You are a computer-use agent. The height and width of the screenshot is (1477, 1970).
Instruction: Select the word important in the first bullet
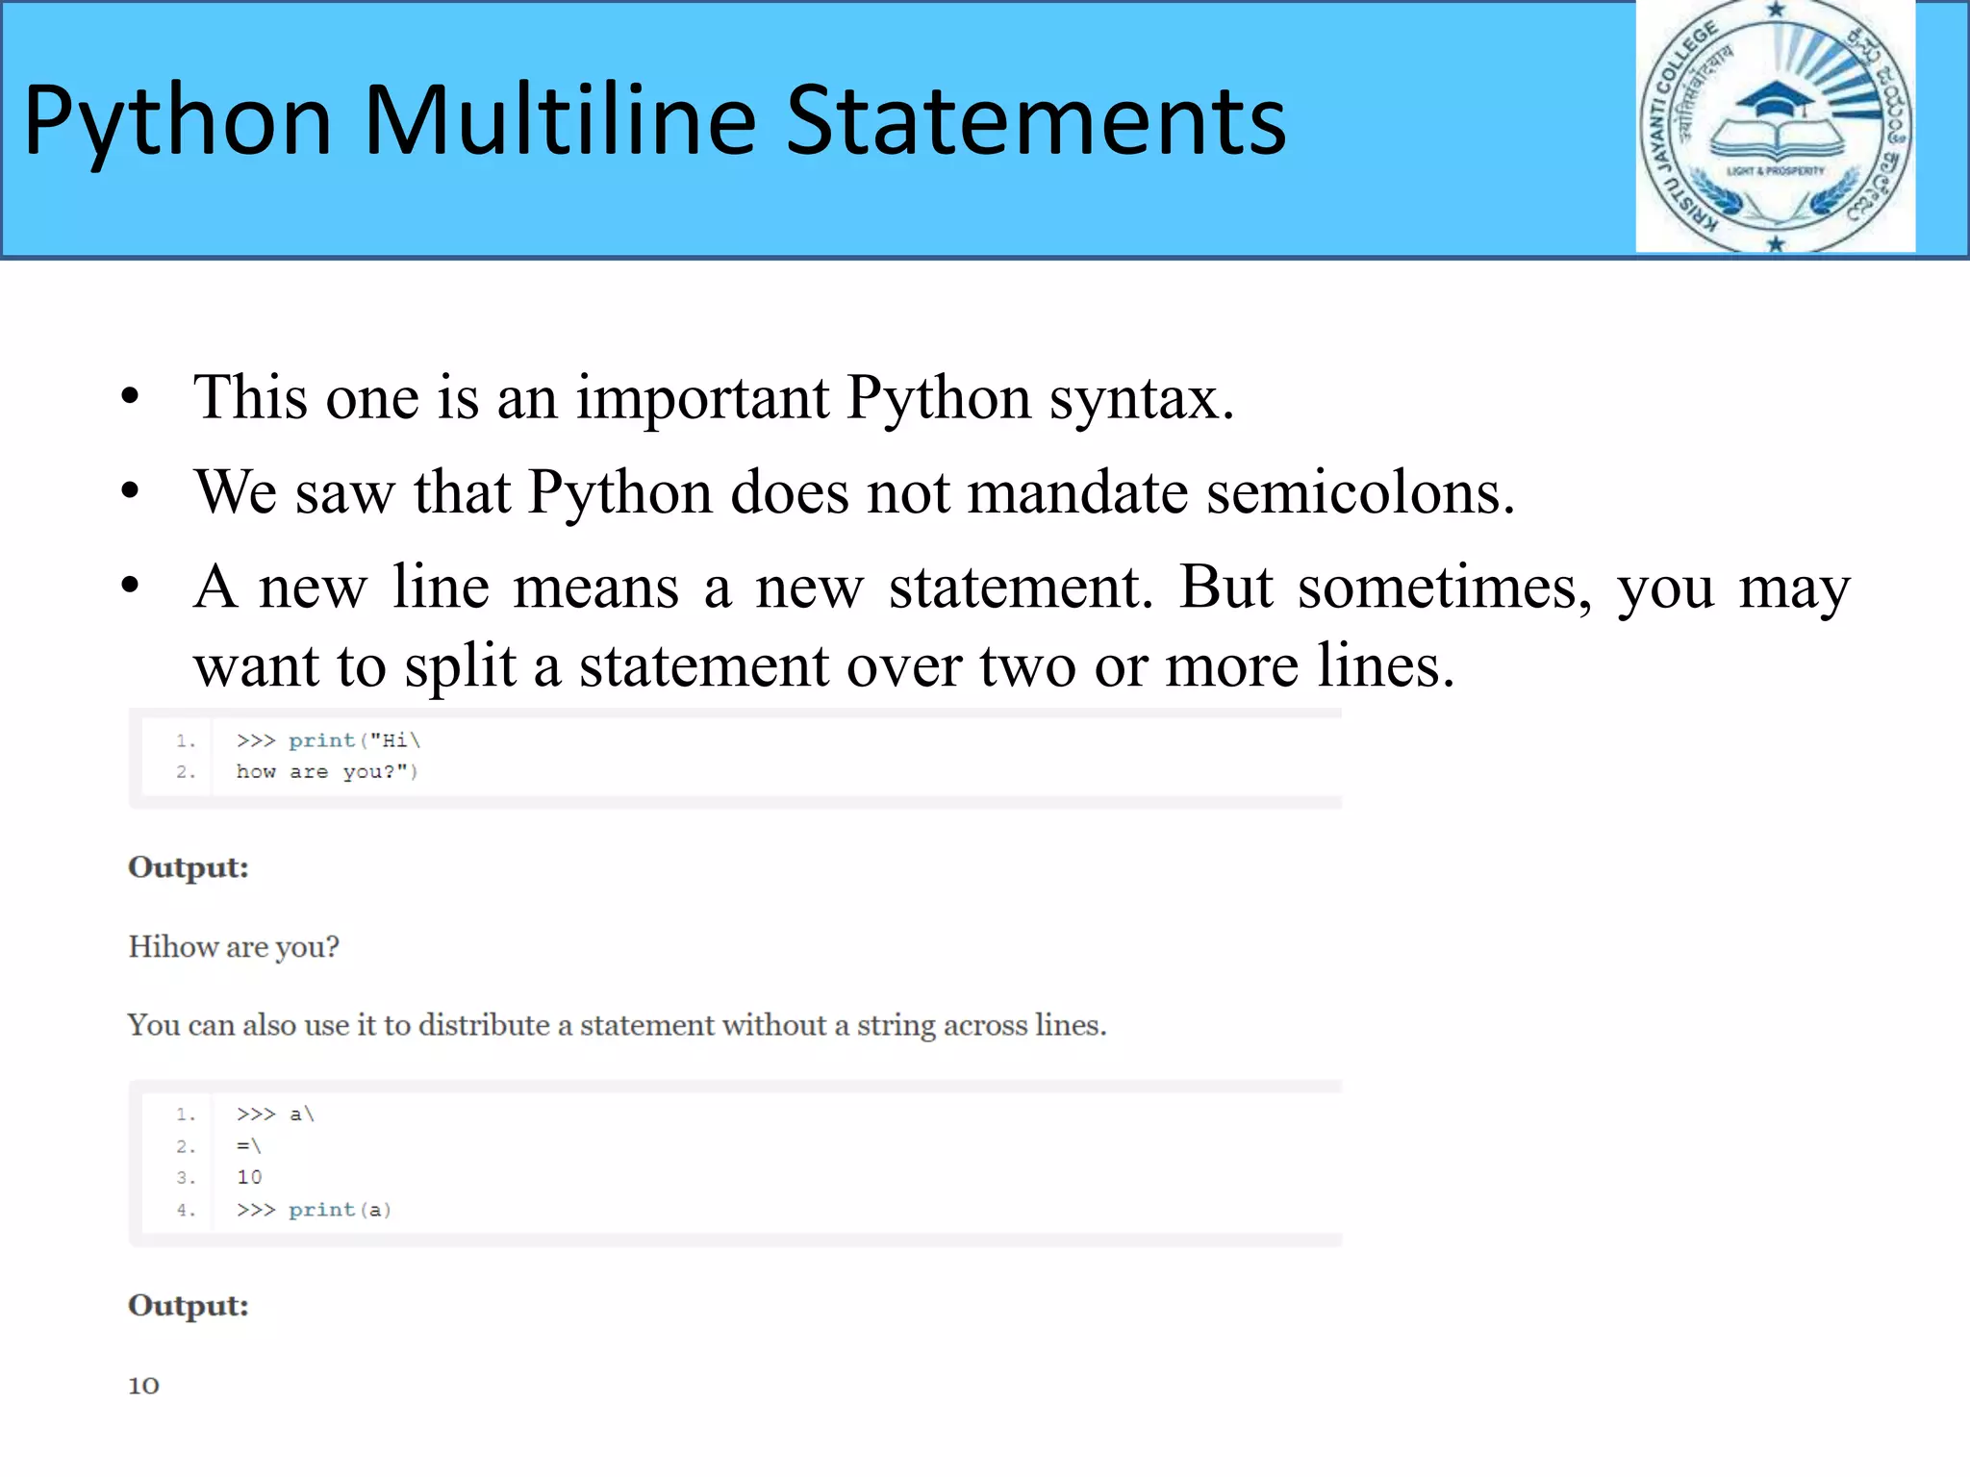(702, 397)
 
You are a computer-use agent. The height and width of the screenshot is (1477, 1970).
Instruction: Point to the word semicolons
(1360, 492)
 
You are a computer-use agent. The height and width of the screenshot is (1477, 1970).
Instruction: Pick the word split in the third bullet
(460, 666)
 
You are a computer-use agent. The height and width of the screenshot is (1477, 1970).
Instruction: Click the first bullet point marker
(131, 397)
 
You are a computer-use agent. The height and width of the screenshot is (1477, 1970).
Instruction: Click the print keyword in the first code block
(321, 740)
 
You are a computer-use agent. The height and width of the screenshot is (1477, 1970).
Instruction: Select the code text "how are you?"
(327, 772)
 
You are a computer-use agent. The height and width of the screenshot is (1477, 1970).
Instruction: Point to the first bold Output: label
(189, 867)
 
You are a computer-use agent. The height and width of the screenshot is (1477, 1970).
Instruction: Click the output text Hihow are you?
(234, 947)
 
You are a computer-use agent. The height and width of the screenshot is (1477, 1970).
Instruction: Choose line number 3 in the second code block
(186, 1178)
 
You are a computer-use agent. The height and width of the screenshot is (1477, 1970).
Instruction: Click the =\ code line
(249, 1146)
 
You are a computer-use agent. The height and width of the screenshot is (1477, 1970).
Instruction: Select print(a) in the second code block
(340, 1210)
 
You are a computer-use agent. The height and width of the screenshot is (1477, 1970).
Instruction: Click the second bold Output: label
(189, 1306)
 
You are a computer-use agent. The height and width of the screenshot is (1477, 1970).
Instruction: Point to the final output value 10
(144, 1386)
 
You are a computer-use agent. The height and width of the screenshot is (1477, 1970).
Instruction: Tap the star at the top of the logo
(1776, 10)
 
